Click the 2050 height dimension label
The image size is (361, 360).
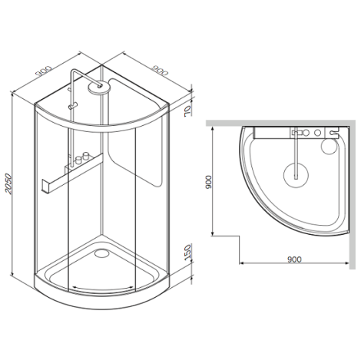8,183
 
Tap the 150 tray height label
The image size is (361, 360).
188,253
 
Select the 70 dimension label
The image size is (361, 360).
187,111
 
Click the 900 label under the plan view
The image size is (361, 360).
294,259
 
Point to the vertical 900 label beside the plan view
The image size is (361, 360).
209,182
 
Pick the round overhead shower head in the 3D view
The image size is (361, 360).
99,88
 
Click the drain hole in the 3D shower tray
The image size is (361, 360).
101,253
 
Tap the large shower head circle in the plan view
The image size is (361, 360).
296,175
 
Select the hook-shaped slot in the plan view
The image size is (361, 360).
333,133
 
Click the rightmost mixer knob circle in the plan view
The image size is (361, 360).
317,133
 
